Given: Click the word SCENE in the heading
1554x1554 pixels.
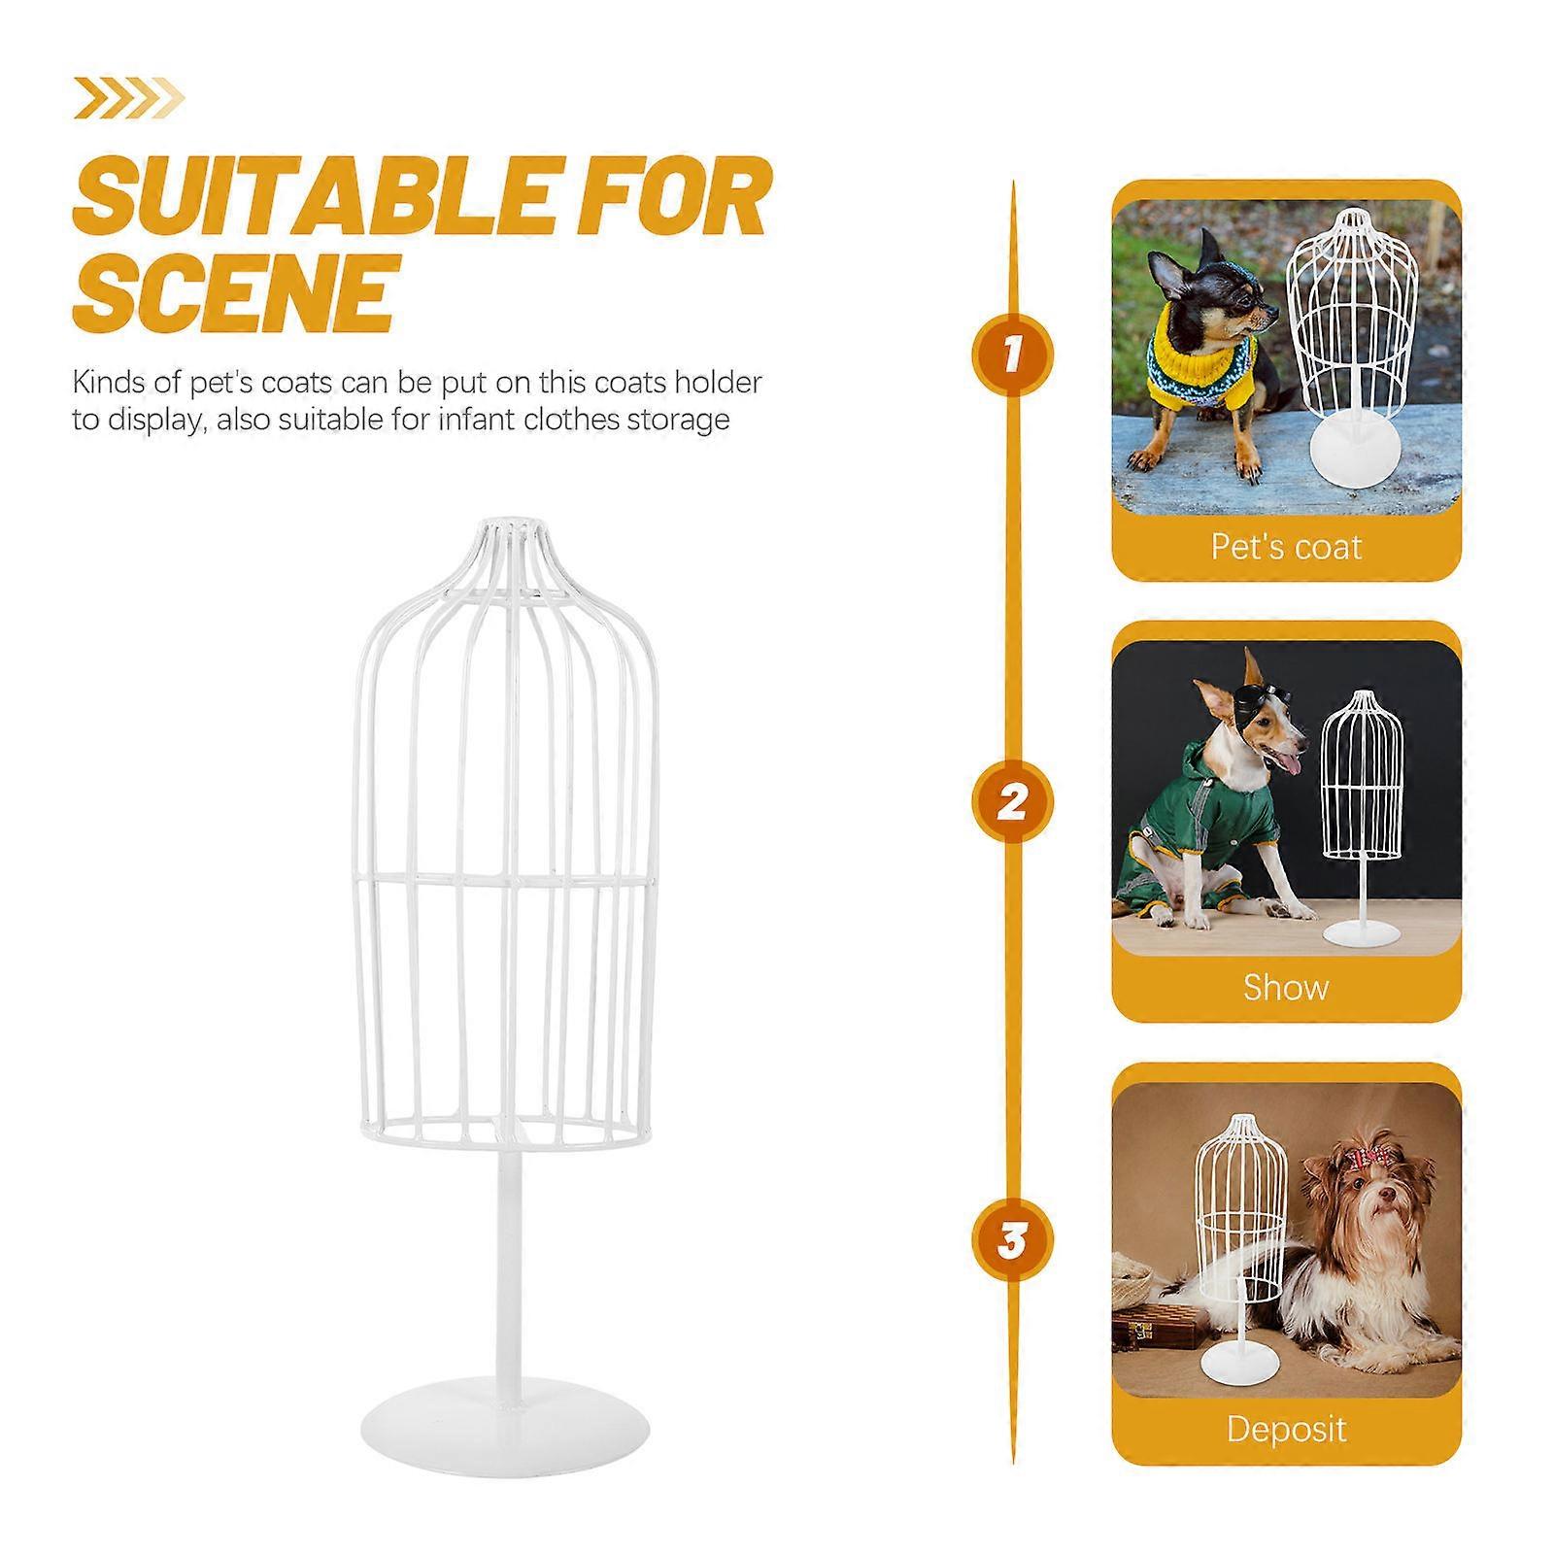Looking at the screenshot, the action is pos(234,291).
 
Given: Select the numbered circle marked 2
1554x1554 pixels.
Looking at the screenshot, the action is pos(1012,803).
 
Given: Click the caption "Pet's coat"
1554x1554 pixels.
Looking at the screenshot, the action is pos(1286,548).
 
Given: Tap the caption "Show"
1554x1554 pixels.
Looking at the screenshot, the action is pos(1286,988).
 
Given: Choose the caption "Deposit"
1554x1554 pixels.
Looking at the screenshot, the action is pos(1286,1429).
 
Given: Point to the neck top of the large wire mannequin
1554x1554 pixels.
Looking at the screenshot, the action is pos(511,532).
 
